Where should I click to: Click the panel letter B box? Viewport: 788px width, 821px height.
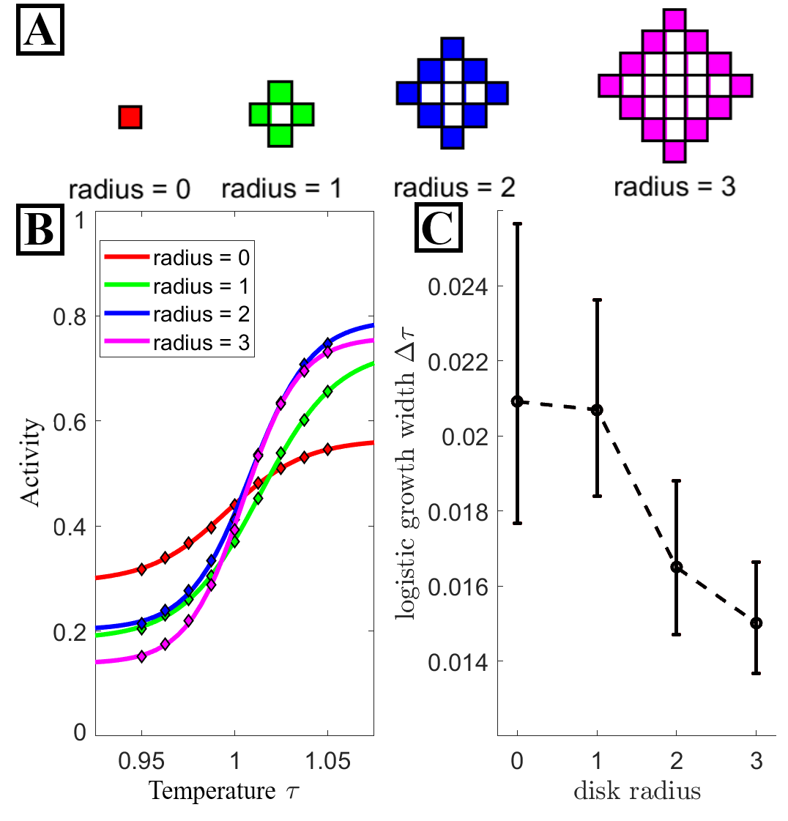40,229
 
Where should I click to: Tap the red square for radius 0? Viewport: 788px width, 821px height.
130,117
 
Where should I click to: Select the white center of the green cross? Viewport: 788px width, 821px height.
281,115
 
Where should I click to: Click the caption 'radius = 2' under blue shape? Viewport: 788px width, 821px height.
454,187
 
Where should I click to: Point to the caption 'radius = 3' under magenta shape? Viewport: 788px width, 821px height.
674,187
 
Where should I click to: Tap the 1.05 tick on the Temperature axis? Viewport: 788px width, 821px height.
328,762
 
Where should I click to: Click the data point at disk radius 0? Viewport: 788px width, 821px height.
518,401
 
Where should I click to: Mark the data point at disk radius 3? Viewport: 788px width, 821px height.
756,623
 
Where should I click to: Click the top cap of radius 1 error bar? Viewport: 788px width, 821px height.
597,300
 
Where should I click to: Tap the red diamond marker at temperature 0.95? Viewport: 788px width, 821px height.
142,569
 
